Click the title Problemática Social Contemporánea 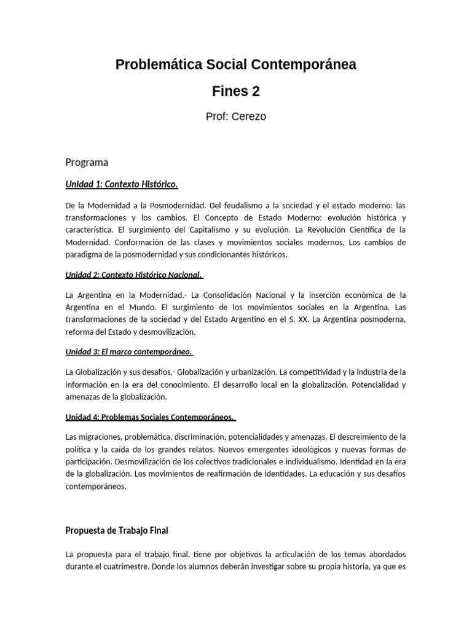coord(236,64)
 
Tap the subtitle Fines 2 coord(236,92)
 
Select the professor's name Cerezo coord(249,116)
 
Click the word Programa coord(87,162)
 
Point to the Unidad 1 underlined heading coord(122,184)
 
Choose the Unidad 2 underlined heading coord(134,275)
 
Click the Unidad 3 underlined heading coord(129,351)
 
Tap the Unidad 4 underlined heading coord(150,417)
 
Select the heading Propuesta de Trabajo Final coord(116,530)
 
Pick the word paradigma coord(84,254)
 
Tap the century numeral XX coord(303,319)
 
